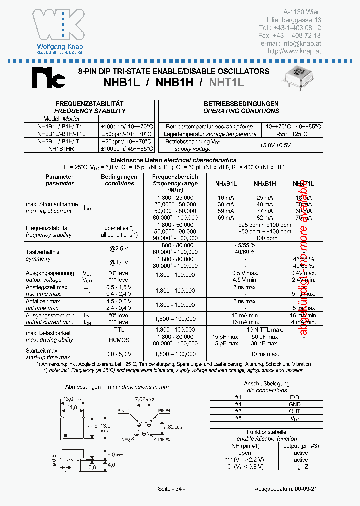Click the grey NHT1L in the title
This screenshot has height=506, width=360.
(226, 81)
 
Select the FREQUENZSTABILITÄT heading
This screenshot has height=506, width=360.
(90, 104)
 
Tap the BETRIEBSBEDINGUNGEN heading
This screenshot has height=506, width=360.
(241, 104)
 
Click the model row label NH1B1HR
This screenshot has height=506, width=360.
(61, 149)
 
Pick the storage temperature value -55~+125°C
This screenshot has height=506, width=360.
(292, 134)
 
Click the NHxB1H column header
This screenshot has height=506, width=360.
(265, 184)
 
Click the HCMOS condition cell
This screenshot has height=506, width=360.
(119, 340)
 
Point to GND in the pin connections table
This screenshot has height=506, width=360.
(295, 404)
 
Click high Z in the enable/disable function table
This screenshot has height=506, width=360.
(301, 466)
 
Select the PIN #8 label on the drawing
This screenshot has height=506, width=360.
(124, 439)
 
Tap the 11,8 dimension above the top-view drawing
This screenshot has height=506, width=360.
(72, 408)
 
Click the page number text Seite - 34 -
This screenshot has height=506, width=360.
(171, 488)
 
